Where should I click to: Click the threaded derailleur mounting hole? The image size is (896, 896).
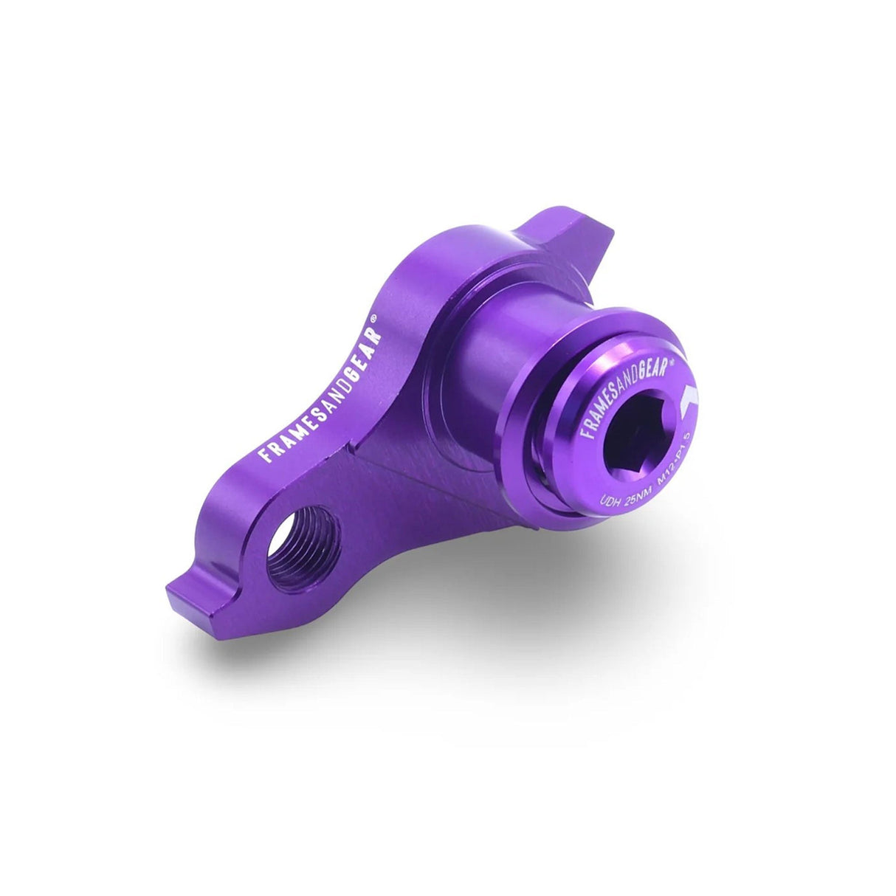[x=303, y=547]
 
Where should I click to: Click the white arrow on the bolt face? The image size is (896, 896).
[x=689, y=399]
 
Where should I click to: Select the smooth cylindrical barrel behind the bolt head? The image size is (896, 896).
[x=502, y=347]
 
